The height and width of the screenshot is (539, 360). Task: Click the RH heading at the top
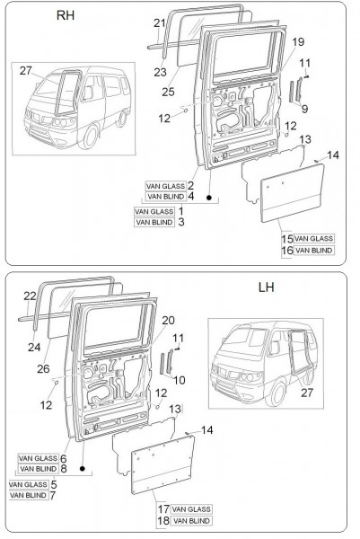click(x=66, y=15)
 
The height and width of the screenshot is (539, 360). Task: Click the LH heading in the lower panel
click(x=267, y=287)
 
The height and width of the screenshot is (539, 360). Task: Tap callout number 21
click(x=160, y=23)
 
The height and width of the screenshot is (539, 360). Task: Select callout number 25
click(x=168, y=92)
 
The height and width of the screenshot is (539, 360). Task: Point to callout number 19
click(x=298, y=42)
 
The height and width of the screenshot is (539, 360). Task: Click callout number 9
click(x=304, y=109)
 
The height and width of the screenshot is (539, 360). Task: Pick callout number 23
click(x=160, y=72)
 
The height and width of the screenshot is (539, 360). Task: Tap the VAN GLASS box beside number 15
click(x=313, y=239)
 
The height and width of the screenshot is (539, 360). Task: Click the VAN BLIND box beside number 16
click(x=314, y=250)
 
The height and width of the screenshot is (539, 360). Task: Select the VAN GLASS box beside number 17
click(x=191, y=509)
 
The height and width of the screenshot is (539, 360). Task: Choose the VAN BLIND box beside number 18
click(x=191, y=521)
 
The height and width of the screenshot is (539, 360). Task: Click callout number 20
click(x=168, y=321)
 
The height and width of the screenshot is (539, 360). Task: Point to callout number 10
click(x=180, y=380)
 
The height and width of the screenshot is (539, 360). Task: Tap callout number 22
click(x=30, y=296)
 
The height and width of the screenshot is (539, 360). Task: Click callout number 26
click(x=43, y=369)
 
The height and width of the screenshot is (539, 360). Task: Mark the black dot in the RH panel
click(x=209, y=198)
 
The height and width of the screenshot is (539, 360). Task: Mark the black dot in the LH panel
click(x=82, y=469)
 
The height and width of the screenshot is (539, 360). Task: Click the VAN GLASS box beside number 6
click(x=38, y=458)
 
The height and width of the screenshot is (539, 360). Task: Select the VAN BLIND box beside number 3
click(x=154, y=222)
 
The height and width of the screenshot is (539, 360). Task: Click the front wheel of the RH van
click(x=90, y=137)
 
